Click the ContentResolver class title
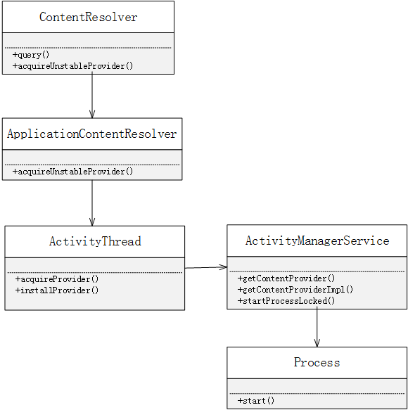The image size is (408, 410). (x=88, y=17)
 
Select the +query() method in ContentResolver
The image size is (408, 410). (x=31, y=55)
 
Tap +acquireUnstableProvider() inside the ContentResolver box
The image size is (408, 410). (x=72, y=66)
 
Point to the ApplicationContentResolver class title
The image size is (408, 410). (x=91, y=134)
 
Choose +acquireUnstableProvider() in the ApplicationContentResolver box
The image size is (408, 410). (x=72, y=172)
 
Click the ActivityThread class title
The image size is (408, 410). (x=95, y=241)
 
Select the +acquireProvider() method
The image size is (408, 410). (x=57, y=279)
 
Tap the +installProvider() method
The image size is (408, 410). (x=57, y=290)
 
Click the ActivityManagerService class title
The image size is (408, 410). (x=317, y=241)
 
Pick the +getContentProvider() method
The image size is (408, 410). (x=286, y=278)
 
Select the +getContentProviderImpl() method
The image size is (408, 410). (x=295, y=290)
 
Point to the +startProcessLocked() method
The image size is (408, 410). (x=286, y=301)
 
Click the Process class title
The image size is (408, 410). (x=317, y=362)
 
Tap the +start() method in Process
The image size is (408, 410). (x=256, y=401)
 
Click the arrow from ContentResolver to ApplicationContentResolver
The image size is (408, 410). (x=92, y=96)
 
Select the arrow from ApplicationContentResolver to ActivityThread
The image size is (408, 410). (x=92, y=203)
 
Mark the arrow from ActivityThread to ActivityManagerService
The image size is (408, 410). (x=206, y=267)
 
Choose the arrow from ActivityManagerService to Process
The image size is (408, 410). (x=317, y=328)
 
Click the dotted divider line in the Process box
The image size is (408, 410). (x=317, y=394)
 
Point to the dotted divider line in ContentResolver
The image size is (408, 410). (x=88, y=48)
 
